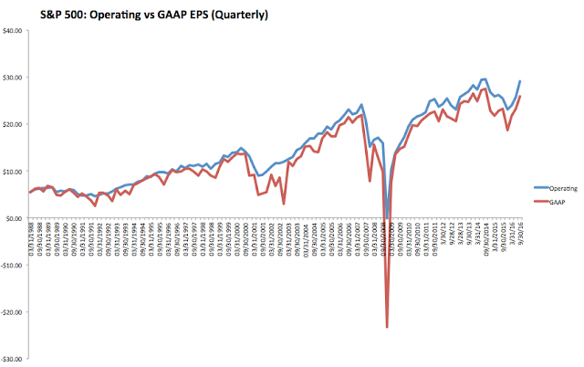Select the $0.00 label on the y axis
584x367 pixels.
click(x=16, y=219)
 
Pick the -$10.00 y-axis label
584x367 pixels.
click(x=14, y=266)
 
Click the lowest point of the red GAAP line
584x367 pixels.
click(x=387, y=327)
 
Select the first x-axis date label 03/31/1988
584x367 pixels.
click(x=31, y=239)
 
